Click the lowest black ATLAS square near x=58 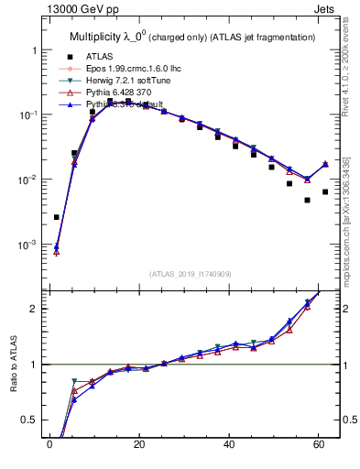click(308, 200)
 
